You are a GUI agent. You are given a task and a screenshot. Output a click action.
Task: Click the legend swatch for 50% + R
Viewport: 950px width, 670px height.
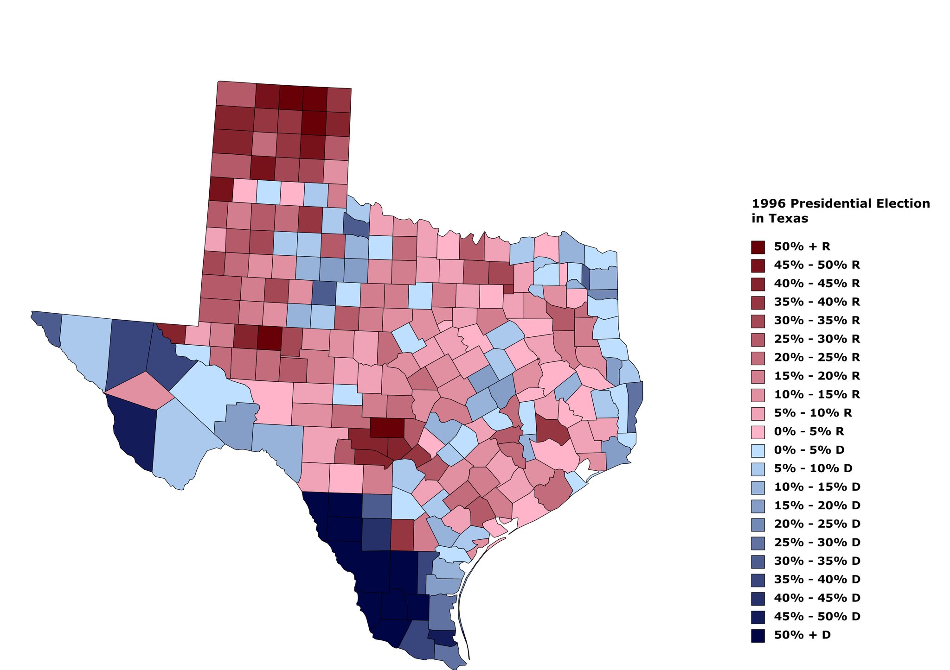pyautogui.click(x=757, y=247)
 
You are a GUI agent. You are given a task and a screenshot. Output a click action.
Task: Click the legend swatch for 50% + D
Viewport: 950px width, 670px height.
pyautogui.click(x=757, y=635)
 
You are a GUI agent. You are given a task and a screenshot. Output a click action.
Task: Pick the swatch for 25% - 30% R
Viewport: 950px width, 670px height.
pyautogui.click(x=757, y=339)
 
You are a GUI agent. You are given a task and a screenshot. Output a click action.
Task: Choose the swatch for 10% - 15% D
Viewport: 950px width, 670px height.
pyautogui.click(x=757, y=487)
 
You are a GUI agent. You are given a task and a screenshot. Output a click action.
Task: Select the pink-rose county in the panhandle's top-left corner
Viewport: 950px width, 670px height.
pyautogui.click(x=236, y=94)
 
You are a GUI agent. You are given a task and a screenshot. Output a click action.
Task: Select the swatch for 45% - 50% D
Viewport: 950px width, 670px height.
pyautogui.click(x=757, y=617)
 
